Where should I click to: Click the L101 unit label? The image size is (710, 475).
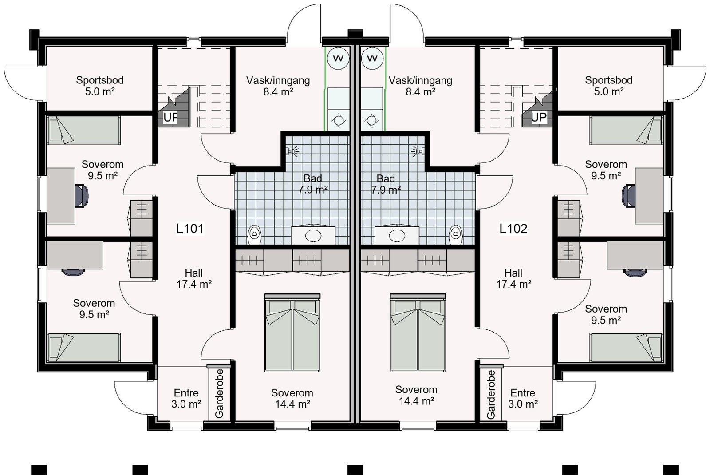click(x=190, y=229)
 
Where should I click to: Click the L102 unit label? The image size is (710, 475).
click(x=513, y=229)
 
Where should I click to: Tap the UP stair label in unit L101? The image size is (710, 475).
click(x=171, y=118)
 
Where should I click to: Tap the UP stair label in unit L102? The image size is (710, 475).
click(x=539, y=118)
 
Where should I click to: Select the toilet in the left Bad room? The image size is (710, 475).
click(x=254, y=234)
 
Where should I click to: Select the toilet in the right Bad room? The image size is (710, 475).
click(x=456, y=234)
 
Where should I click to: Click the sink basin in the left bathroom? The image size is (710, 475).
click(x=313, y=235)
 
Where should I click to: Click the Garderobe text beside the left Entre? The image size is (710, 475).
click(x=219, y=393)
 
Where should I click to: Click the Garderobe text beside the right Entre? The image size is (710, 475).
click(x=491, y=394)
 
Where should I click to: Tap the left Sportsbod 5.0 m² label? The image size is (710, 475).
click(x=99, y=86)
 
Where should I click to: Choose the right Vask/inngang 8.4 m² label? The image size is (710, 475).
click(x=420, y=86)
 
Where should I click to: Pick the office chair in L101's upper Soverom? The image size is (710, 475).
click(x=82, y=196)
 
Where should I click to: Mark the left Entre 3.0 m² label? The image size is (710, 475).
click(x=186, y=398)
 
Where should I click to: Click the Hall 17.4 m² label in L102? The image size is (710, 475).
click(x=513, y=278)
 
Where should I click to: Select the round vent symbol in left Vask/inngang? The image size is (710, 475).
click(x=338, y=59)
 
